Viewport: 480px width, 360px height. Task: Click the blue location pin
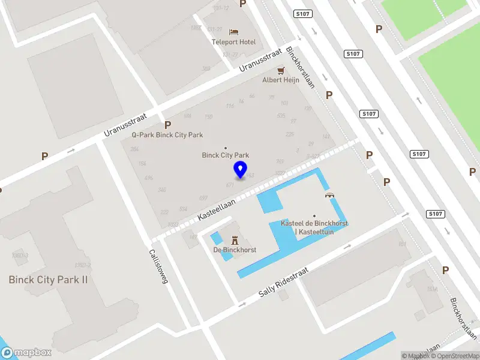click(241, 170)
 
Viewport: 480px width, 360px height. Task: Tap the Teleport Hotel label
click(233, 42)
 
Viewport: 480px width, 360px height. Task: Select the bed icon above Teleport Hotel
click(233, 31)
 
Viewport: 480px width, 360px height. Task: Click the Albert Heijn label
click(280, 80)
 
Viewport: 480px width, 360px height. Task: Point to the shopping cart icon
click(280, 70)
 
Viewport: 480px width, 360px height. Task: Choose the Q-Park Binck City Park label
click(167, 135)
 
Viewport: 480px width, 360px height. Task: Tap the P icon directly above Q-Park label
click(167, 125)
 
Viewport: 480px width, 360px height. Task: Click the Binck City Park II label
click(48, 280)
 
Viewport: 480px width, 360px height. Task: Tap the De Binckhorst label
click(235, 250)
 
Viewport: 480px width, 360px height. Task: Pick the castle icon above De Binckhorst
click(235, 239)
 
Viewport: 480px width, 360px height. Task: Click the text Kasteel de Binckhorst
click(314, 223)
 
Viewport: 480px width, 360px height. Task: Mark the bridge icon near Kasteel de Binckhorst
click(329, 195)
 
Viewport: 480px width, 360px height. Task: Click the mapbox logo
click(26, 353)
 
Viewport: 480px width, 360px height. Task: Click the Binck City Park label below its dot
click(226, 155)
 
